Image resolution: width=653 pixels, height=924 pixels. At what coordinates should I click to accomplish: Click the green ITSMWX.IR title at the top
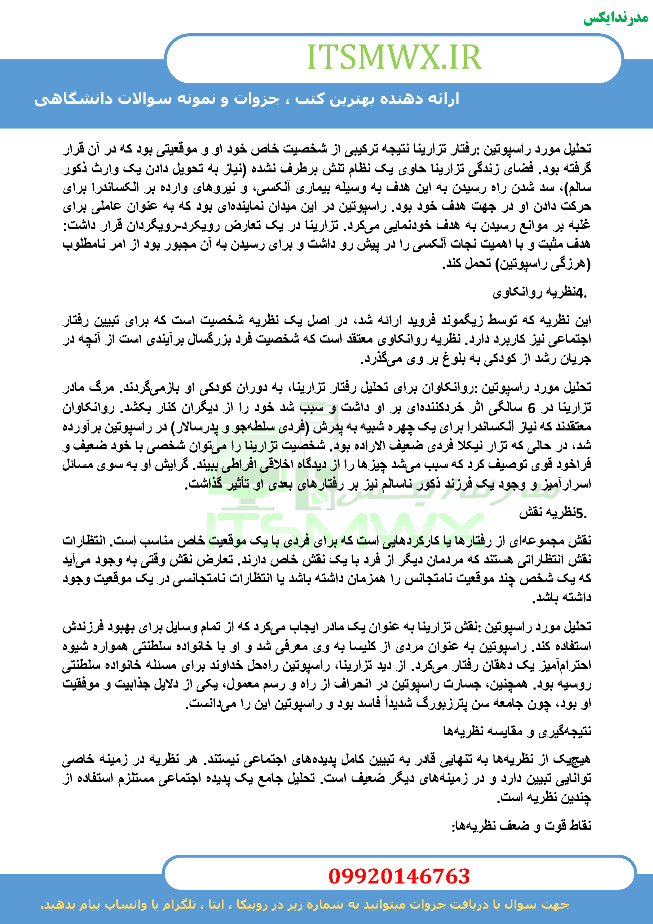(x=394, y=57)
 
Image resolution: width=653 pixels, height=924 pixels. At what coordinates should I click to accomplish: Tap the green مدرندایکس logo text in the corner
(x=616, y=18)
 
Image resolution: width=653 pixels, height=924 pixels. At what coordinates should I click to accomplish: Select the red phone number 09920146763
(x=399, y=876)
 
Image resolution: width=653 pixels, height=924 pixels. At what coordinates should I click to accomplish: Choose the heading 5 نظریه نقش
(x=553, y=513)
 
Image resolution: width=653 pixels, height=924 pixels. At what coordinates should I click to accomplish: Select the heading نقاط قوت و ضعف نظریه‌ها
(x=521, y=826)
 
